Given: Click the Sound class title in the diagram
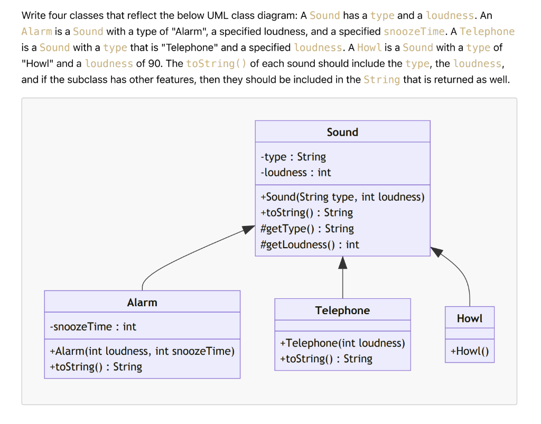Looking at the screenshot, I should [342, 132].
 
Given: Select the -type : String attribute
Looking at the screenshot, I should [293, 157].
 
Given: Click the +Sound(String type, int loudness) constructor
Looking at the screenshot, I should [342, 197].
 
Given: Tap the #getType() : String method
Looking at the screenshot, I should [307, 229].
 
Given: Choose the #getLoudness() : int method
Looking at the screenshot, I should [310, 244].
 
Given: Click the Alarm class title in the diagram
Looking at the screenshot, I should [142, 303].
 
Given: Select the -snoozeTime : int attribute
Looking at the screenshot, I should [93, 327].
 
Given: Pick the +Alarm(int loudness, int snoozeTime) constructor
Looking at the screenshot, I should [142, 351].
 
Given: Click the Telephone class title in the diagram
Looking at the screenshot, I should [342, 310].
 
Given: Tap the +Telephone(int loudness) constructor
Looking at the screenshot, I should [342, 343].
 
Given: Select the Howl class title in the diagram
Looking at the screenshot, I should [470, 318].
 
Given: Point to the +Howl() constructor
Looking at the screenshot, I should [470, 352].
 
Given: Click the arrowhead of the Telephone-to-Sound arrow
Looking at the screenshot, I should [343, 262].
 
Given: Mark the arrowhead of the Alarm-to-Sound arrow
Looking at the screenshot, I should [249, 230].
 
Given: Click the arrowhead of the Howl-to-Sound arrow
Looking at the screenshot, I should [437, 251].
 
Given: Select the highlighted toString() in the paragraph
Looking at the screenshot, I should [217, 64].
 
